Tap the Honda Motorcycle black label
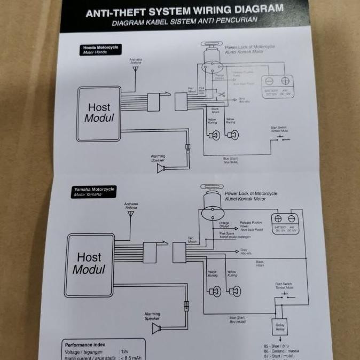pyautogui.click(x=101, y=50)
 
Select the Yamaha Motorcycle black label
pyautogui.click(x=95, y=192)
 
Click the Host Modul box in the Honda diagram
pyautogui.click(x=98, y=113)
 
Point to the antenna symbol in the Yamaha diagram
pyautogui.click(x=130, y=214)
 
